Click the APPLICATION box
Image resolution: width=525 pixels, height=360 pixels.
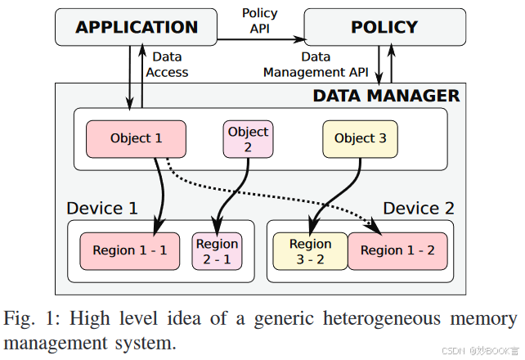click(137, 27)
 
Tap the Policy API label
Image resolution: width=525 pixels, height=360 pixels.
click(259, 21)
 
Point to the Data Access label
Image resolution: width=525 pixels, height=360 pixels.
click(167, 65)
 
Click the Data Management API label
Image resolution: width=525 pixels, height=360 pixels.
click(316, 65)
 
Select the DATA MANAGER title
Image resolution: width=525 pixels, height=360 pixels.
click(386, 96)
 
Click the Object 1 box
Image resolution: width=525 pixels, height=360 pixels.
click(136, 138)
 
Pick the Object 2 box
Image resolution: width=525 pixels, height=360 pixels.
click(248, 139)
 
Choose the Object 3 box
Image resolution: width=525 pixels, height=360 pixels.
click(360, 138)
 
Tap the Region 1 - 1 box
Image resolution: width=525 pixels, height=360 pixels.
click(129, 250)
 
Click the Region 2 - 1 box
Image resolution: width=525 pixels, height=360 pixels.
click(217, 251)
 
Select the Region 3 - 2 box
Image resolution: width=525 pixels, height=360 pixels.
click(310, 251)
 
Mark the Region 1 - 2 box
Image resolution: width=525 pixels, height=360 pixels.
click(397, 250)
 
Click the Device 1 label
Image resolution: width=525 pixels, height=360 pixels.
click(102, 208)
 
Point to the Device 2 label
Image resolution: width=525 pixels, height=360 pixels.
click(418, 208)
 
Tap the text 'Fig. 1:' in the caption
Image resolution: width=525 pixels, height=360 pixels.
click(32, 318)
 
